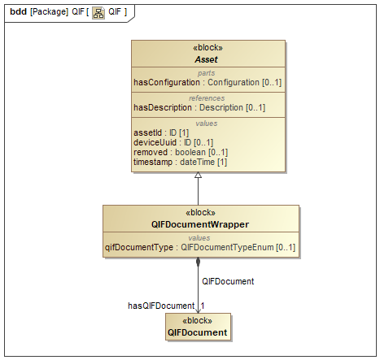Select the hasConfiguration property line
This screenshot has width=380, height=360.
tap(207, 82)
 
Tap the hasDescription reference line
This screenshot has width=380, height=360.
tap(199, 108)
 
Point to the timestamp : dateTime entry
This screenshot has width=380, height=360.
tap(180, 163)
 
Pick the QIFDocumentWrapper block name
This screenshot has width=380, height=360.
tap(200, 224)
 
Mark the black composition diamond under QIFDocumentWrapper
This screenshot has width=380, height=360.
tap(198, 262)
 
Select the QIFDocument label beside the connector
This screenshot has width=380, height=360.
tap(228, 281)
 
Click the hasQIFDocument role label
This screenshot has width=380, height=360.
tap(161, 306)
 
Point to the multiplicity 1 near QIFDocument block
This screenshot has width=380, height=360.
tap(203, 306)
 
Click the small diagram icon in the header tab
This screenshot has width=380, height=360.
tap(98, 13)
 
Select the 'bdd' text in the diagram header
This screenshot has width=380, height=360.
tap(18, 12)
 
